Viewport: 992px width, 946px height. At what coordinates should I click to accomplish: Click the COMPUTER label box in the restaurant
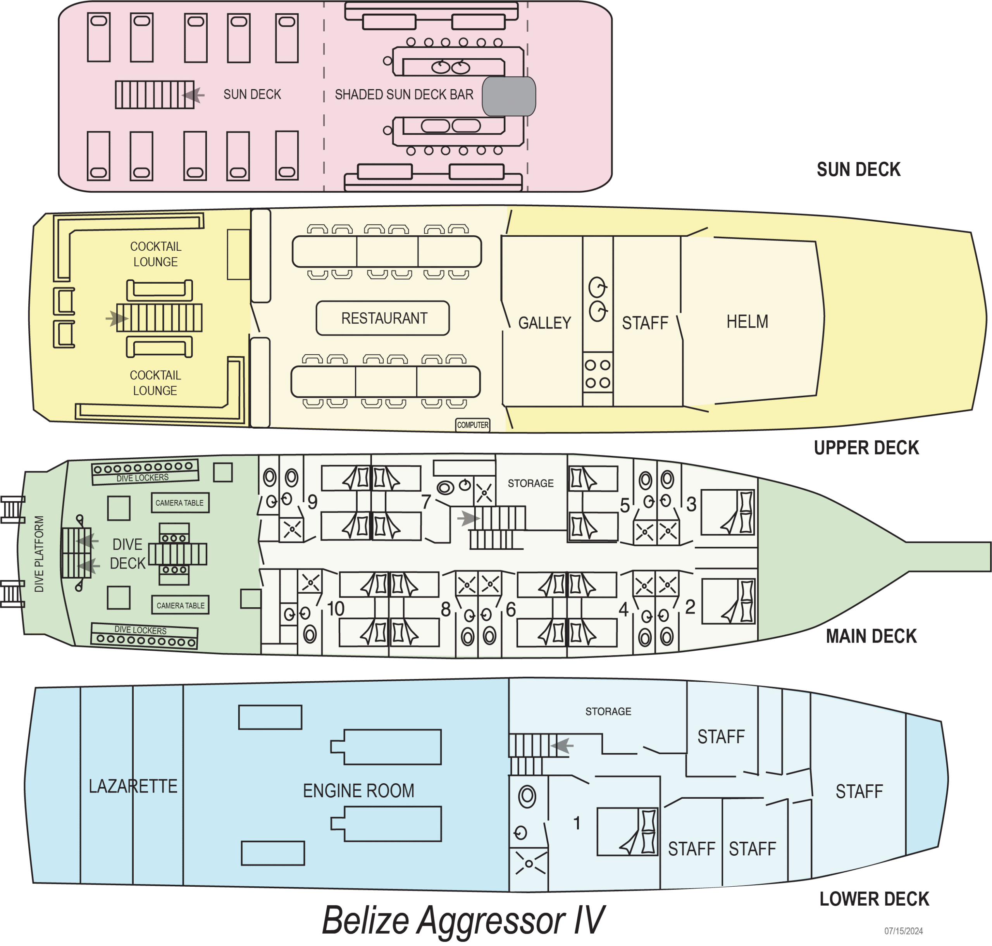pyautogui.click(x=472, y=425)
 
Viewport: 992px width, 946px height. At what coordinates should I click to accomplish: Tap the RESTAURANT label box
pyautogui.click(x=383, y=318)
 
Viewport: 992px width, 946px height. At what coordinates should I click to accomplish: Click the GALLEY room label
pyautogui.click(x=545, y=323)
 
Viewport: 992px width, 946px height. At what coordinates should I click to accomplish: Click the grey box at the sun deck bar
pyautogui.click(x=508, y=96)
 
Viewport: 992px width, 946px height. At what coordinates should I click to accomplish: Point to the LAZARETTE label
pyautogui.click(x=133, y=786)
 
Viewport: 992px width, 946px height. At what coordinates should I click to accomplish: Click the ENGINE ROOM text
pyautogui.click(x=358, y=791)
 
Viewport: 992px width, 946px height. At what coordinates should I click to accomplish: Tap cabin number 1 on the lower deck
pyautogui.click(x=577, y=823)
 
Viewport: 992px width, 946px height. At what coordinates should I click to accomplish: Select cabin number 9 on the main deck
pyautogui.click(x=313, y=502)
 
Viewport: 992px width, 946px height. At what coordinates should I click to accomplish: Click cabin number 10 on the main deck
pyautogui.click(x=335, y=609)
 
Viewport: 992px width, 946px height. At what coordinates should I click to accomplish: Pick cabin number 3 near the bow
pyautogui.click(x=691, y=504)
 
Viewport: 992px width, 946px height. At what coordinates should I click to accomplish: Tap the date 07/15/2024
pyautogui.click(x=903, y=931)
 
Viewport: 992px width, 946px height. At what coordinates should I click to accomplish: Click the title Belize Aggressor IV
pyautogui.click(x=463, y=920)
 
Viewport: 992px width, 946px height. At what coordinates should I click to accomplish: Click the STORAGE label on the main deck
pyautogui.click(x=530, y=483)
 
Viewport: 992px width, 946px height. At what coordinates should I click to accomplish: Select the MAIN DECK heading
pyautogui.click(x=871, y=636)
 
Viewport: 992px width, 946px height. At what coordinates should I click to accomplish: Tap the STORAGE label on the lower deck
pyautogui.click(x=608, y=711)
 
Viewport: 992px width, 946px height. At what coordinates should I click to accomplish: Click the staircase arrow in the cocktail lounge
pyautogui.click(x=117, y=319)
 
